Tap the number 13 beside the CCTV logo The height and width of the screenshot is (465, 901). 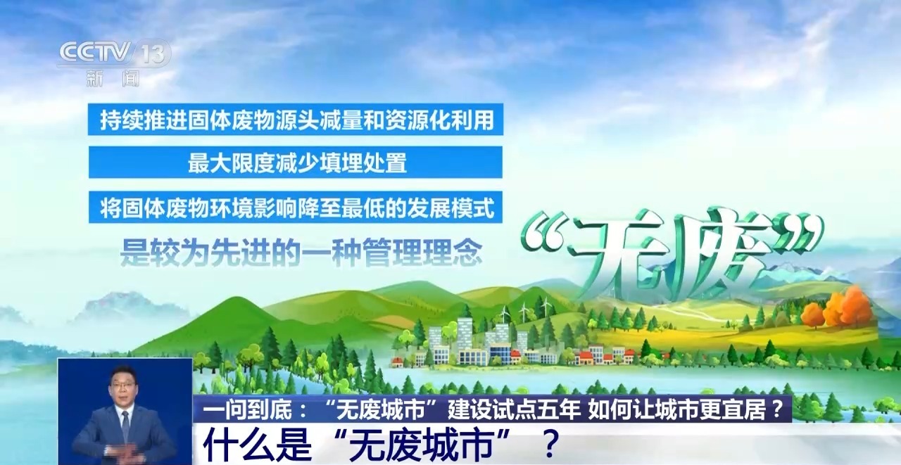pos(153,53)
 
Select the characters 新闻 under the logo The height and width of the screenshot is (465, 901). pos(113,78)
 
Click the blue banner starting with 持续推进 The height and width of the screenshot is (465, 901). pos(296,120)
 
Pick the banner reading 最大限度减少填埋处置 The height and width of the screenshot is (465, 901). pos(296,163)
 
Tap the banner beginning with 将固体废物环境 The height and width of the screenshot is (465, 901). pos(296,208)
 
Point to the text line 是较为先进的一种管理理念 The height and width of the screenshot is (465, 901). pos(301,252)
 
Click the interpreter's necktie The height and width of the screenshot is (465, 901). pos(125,425)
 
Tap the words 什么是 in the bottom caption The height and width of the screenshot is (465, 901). pos(258,445)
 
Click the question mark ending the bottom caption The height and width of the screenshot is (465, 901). pos(550,445)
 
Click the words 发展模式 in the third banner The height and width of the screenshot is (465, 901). pos(450,208)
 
